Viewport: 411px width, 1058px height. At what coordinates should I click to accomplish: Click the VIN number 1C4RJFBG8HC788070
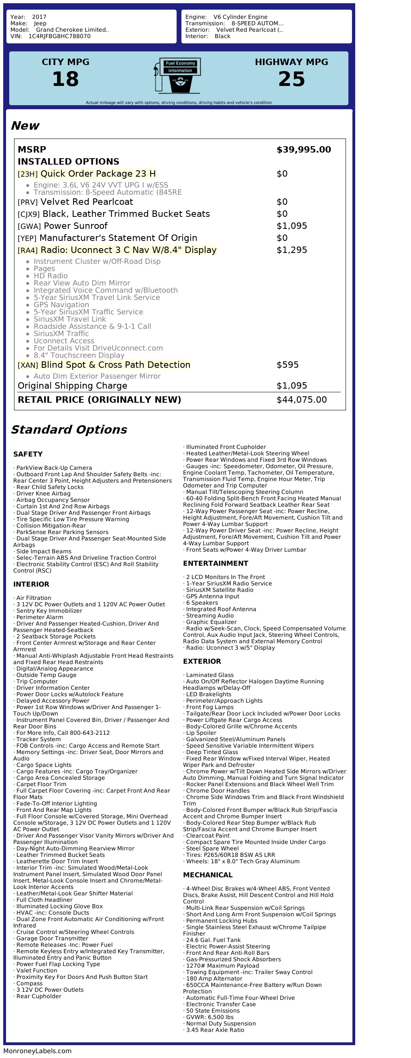click(59, 36)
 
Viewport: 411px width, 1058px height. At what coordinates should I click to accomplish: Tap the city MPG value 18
click(65, 79)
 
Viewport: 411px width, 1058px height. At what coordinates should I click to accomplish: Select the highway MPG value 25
click(291, 79)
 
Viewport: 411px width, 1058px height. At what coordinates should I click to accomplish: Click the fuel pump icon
click(177, 75)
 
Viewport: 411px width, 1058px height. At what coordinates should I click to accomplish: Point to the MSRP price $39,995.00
click(303, 149)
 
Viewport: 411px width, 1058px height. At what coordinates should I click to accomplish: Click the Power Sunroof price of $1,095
click(291, 226)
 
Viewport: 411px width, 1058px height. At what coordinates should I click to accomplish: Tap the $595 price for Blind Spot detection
click(287, 365)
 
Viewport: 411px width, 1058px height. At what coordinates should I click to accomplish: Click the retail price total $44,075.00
click(301, 400)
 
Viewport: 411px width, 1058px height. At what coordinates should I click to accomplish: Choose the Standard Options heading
click(69, 430)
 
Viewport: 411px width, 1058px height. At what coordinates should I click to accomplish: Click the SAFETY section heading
click(28, 454)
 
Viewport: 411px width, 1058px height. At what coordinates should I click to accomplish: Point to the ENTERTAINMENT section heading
click(216, 563)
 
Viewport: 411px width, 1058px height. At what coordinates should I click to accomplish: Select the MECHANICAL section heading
click(208, 875)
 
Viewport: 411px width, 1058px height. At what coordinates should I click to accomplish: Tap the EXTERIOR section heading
click(202, 661)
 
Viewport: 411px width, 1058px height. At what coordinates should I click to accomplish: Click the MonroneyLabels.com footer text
click(37, 1051)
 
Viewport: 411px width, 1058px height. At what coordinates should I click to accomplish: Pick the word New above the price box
click(25, 126)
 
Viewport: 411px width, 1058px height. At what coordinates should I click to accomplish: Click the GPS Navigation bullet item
click(61, 305)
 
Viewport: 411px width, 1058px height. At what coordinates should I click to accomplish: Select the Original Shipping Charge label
click(72, 386)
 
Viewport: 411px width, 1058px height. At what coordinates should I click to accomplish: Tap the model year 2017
click(39, 17)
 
